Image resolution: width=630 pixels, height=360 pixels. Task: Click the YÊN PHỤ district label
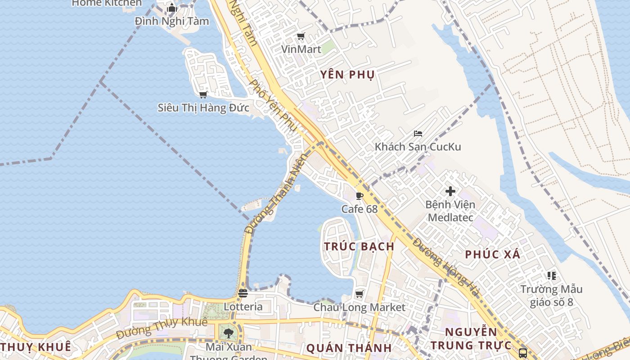pyautogui.click(x=347, y=75)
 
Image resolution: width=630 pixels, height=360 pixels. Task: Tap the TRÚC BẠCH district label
pyautogui.click(x=359, y=247)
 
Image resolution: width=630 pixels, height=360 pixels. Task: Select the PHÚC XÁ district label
pyautogui.click(x=492, y=255)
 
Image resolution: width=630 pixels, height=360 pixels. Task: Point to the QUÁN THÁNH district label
pyautogui.click(x=349, y=348)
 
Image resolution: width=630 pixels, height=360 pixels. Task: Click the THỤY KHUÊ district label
pyautogui.click(x=36, y=347)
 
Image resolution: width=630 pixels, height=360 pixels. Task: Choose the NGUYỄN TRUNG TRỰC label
pyautogui.click(x=471, y=339)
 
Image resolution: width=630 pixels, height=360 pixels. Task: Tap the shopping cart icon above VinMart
pyautogui.click(x=301, y=36)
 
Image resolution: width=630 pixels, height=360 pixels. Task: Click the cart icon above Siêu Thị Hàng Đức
pyautogui.click(x=203, y=94)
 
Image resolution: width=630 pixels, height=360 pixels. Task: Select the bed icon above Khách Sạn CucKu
pyautogui.click(x=418, y=134)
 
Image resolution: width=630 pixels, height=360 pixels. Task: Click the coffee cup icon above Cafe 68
pyautogui.click(x=359, y=196)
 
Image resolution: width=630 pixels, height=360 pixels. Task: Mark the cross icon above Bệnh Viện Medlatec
pyautogui.click(x=450, y=191)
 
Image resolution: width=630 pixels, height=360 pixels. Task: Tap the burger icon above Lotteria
pyautogui.click(x=243, y=293)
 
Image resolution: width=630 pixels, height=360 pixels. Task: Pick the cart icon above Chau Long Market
pyautogui.click(x=359, y=294)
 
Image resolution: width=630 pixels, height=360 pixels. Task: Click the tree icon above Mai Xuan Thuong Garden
pyautogui.click(x=229, y=333)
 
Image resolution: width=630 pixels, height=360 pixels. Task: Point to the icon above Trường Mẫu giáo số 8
pyautogui.click(x=551, y=275)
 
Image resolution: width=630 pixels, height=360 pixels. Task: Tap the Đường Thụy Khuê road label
pyautogui.click(x=162, y=328)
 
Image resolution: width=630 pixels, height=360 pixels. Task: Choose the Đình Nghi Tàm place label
pyautogui.click(x=172, y=21)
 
